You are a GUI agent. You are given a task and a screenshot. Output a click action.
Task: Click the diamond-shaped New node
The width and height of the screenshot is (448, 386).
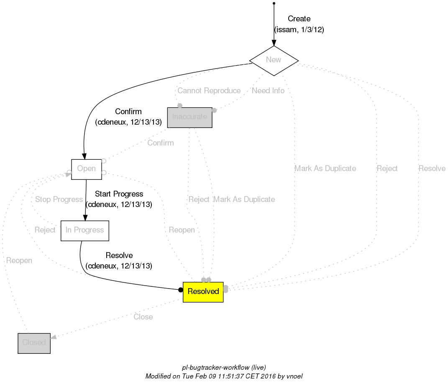(x=274, y=60)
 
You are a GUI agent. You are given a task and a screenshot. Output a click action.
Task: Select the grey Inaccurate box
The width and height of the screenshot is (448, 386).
(x=189, y=117)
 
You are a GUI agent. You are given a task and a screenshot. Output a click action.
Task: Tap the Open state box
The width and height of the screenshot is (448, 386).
(x=86, y=169)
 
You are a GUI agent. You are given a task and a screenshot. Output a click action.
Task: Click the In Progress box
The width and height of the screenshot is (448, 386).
(x=84, y=230)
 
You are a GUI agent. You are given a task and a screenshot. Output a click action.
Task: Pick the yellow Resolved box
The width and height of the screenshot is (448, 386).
(x=203, y=291)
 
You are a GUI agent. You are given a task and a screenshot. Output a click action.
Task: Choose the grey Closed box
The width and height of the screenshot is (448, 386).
(x=34, y=343)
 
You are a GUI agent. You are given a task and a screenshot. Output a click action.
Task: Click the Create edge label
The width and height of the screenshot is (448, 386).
(x=299, y=19)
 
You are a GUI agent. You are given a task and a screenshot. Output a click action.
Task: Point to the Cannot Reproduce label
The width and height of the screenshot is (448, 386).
(x=209, y=91)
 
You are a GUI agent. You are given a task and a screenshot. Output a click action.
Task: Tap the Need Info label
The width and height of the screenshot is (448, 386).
(x=268, y=91)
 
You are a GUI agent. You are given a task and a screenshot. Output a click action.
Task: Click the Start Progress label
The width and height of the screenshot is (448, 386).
(x=119, y=194)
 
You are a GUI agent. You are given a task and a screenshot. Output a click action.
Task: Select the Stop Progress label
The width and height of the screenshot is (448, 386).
(x=59, y=199)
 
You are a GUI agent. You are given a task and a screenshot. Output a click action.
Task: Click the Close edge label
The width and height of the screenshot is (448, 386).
(x=143, y=317)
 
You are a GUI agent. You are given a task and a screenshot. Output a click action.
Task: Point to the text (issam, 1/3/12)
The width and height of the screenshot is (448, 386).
(x=299, y=30)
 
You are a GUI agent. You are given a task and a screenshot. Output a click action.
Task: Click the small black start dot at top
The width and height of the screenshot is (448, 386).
(x=274, y=3)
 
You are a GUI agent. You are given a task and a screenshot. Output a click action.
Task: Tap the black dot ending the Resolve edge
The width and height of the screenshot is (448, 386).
(x=181, y=290)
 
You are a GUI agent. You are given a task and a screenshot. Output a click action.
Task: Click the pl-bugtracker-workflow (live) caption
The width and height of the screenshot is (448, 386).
(x=224, y=368)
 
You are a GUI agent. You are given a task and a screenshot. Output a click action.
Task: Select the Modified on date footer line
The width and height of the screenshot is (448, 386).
(x=224, y=376)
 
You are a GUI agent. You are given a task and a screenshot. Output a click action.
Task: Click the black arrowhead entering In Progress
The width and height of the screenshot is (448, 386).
(x=85, y=217)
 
